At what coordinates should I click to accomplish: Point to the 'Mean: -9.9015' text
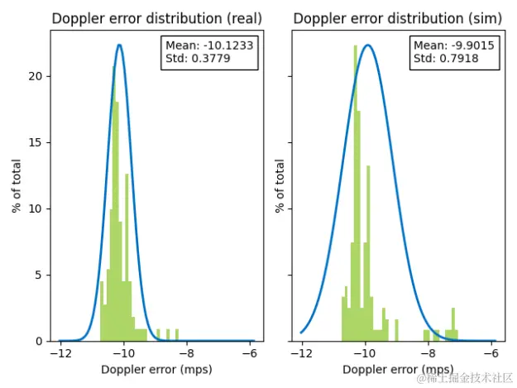(453, 46)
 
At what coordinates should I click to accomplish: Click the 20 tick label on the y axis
(36, 76)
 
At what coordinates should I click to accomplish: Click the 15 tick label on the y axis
(36, 142)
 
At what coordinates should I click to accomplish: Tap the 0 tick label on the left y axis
(40, 341)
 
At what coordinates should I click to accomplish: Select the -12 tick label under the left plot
(60, 354)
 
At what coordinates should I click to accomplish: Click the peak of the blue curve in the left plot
(120, 46)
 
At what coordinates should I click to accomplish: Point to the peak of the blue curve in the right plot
(368, 46)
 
